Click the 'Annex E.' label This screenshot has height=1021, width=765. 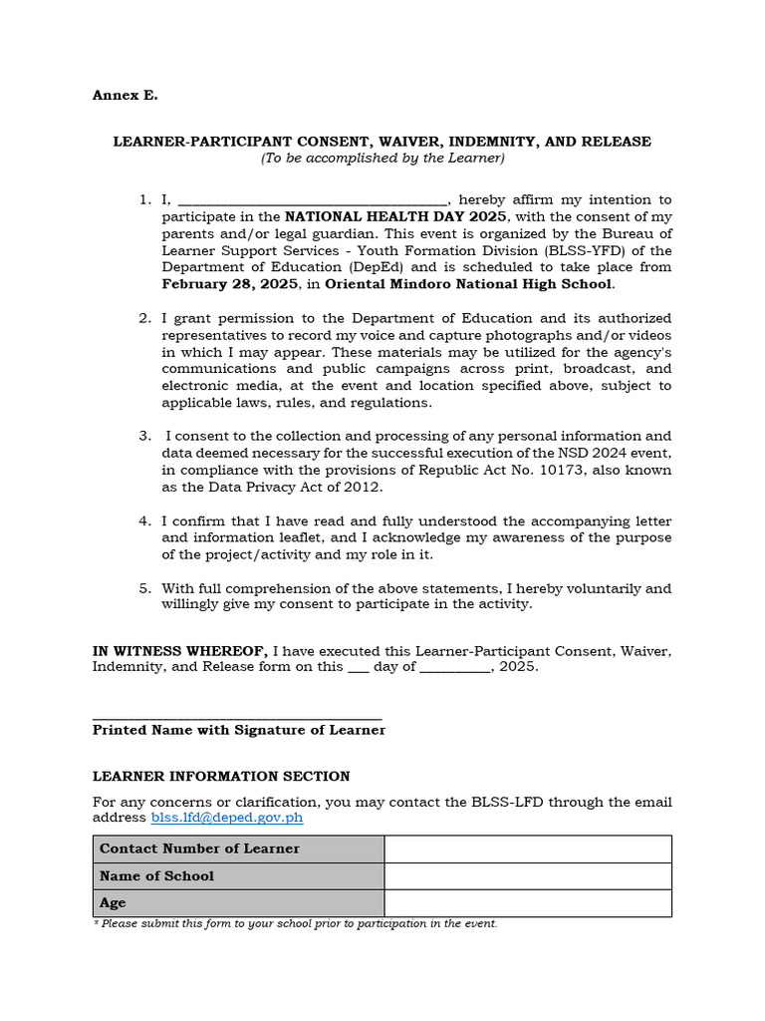(x=125, y=96)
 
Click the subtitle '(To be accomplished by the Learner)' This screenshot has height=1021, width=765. (x=382, y=159)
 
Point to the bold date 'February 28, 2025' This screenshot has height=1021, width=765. (x=230, y=285)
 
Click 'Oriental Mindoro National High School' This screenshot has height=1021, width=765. (x=469, y=285)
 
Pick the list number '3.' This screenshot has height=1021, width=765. (x=145, y=437)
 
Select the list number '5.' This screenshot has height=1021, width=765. (x=145, y=588)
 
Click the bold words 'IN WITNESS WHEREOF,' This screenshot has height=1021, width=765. (x=180, y=651)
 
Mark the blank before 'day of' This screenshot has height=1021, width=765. (x=358, y=668)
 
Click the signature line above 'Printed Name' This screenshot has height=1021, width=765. (x=237, y=717)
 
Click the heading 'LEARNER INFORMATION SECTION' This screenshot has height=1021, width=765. (x=221, y=777)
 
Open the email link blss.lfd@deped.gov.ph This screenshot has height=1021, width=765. (x=227, y=819)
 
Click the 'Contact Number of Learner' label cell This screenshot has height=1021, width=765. (x=238, y=850)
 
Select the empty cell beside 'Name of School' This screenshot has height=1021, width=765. (x=527, y=876)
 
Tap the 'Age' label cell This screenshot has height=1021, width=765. (x=238, y=903)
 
